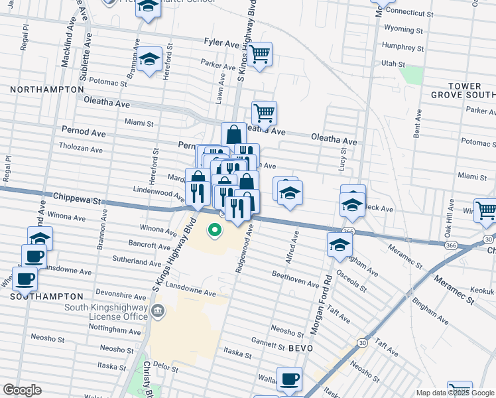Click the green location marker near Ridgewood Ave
214,231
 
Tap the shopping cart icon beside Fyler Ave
260,54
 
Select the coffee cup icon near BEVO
288,379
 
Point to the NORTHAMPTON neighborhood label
47,89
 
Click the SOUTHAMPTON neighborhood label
47,297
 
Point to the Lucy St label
342,160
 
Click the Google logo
22,390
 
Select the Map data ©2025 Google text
455,393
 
